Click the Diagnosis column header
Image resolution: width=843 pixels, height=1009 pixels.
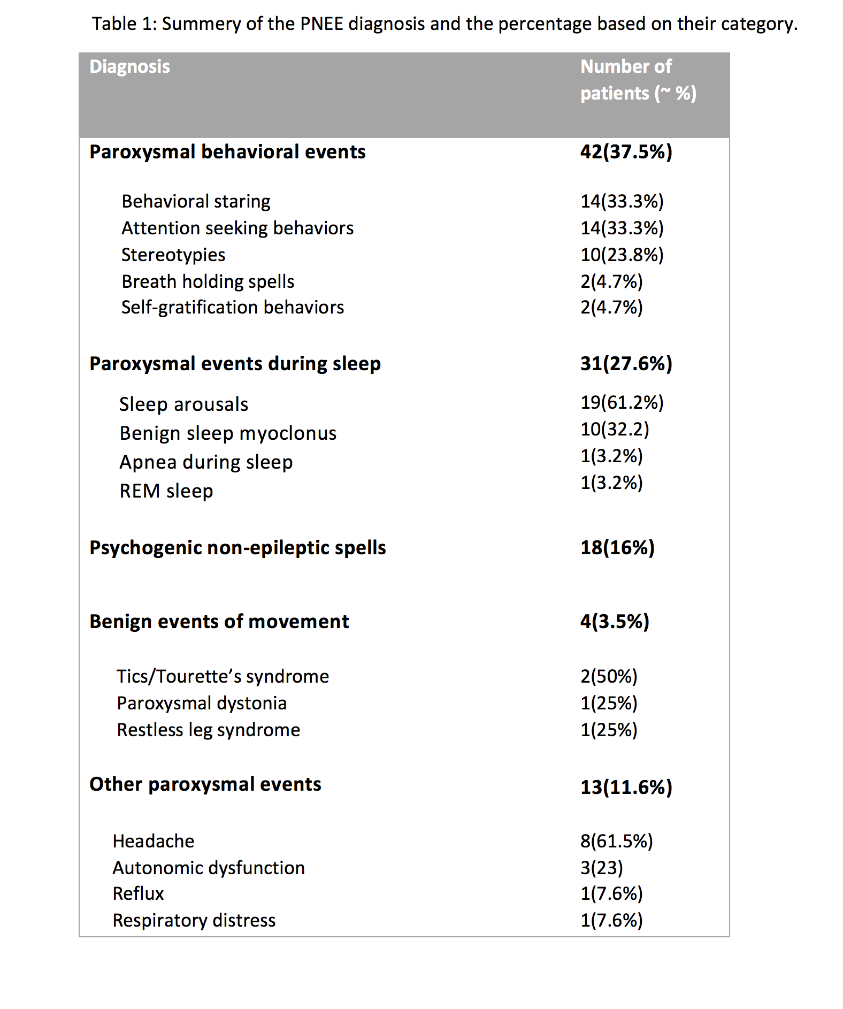pyautogui.click(x=129, y=66)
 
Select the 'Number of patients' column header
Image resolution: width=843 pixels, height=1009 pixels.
pyautogui.click(x=638, y=80)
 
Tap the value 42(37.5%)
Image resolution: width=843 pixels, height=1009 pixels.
pyautogui.click(x=626, y=152)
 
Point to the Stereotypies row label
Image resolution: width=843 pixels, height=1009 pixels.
pyautogui.click(x=173, y=255)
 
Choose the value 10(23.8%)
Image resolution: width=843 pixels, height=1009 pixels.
pyautogui.click(x=622, y=255)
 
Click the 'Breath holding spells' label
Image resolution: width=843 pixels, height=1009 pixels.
pyautogui.click(x=208, y=281)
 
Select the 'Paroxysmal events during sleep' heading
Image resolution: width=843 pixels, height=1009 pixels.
pyautogui.click(x=235, y=364)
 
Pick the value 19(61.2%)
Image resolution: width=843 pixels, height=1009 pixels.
pyautogui.click(x=622, y=402)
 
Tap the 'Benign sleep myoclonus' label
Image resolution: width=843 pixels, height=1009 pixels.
pyautogui.click(x=228, y=433)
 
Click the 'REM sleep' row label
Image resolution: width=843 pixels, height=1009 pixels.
pyautogui.click(x=166, y=491)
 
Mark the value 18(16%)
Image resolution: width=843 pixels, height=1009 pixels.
pyautogui.click(x=617, y=548)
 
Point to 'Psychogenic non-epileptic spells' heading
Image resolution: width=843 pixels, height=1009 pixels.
pyautogui.click(x=237, y=548)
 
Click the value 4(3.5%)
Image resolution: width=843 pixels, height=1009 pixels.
pyautogui.click(x=615, y=622)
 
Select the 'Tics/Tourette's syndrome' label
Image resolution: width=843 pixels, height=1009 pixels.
pyautogui.click(x=223, y=677)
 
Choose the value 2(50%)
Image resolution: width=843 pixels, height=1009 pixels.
pyautogui.click(x=609, y=677)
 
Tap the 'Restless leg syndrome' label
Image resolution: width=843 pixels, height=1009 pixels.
pyautogui.click(x=209, y=730)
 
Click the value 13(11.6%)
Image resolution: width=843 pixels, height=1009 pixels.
pyautogui.click(x=626, y=788)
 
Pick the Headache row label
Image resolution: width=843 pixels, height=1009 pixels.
pyautogui.click(x=154, y=842)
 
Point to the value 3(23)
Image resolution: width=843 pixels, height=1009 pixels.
pyautogui.click(x=602, y=868)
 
